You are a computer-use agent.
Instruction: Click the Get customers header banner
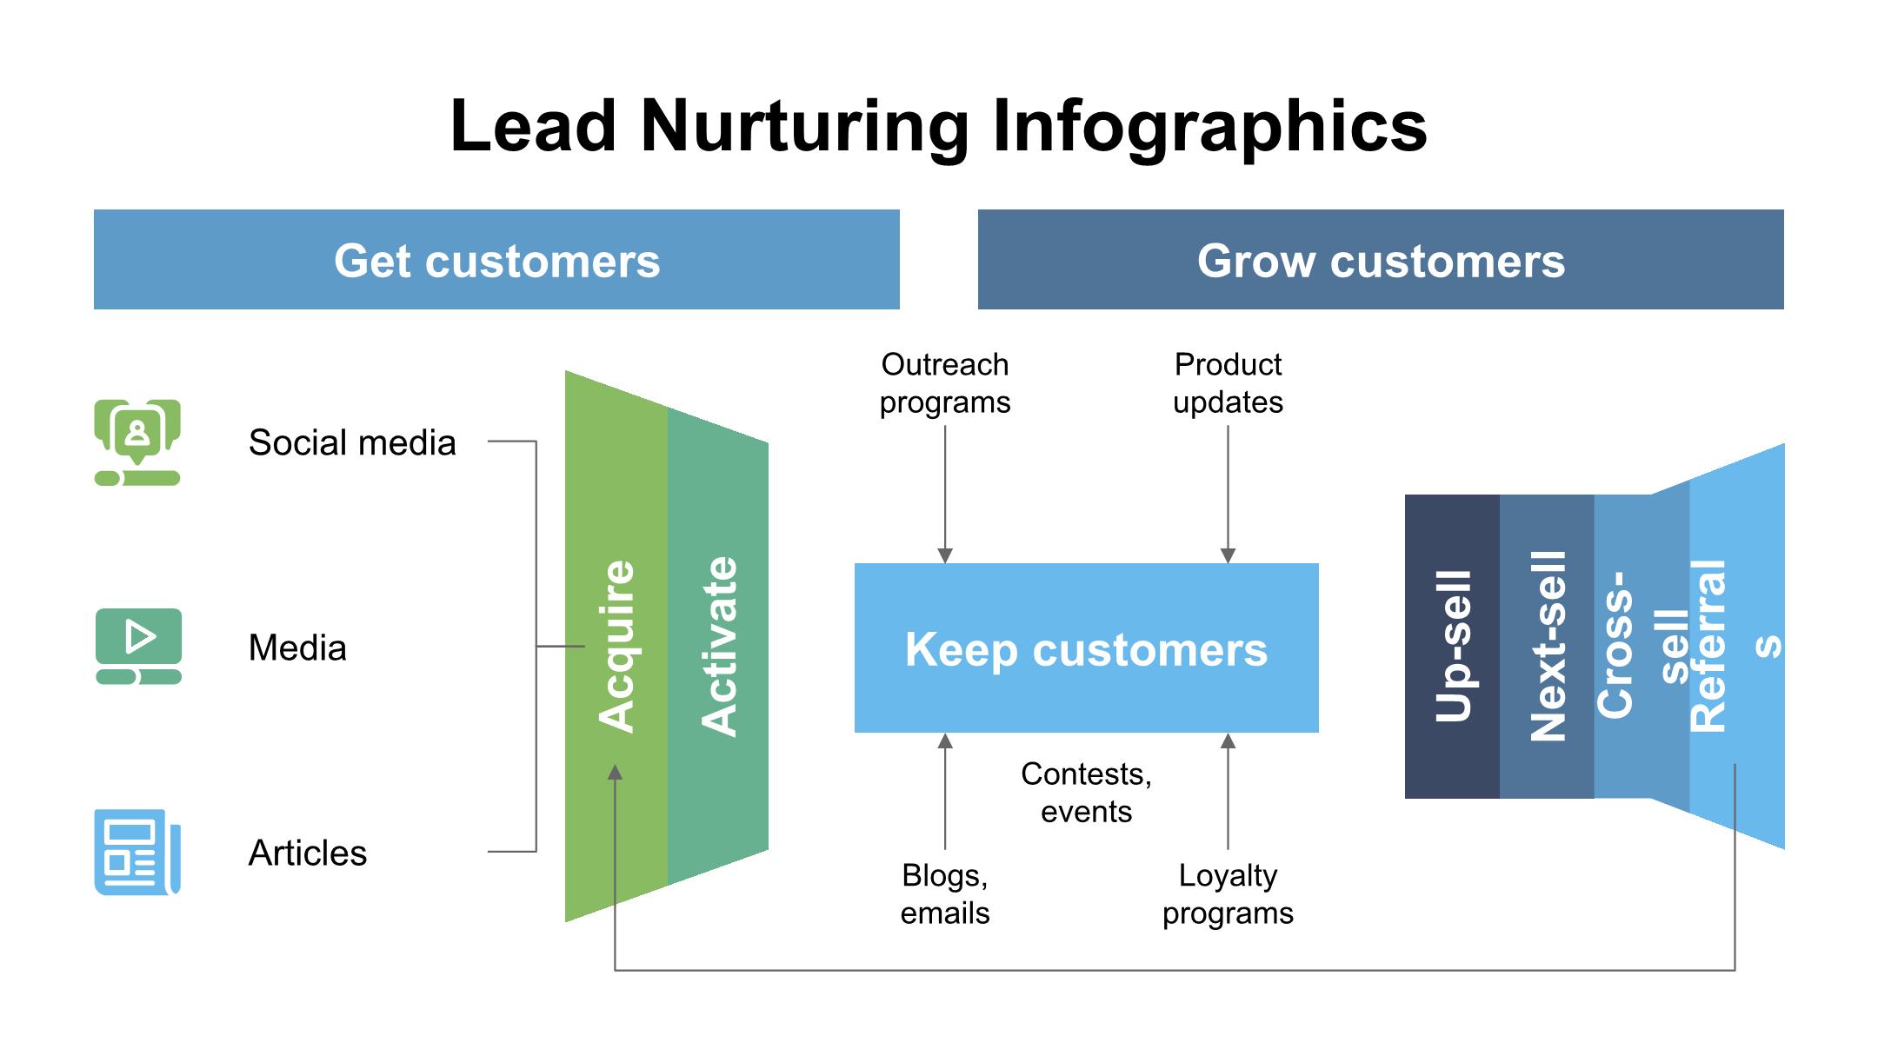(496, 260)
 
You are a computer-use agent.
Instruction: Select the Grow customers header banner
(1380, 260)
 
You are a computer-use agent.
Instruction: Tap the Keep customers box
(1086, 648)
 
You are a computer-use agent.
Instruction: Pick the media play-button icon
(139, 646)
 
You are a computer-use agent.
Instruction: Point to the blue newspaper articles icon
(137, 852)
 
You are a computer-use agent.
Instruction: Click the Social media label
(352, 442)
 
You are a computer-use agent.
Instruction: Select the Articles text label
(308, 853)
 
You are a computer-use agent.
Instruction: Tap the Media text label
(297, 648)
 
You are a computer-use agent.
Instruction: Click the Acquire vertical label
(616, 647)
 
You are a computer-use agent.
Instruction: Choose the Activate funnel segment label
(719, 647)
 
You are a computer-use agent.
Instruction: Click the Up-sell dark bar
(1452, 647)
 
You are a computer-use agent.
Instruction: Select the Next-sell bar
(1547, 647)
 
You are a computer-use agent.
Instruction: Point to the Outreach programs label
(945, 383)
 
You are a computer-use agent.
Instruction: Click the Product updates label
(1228, 383)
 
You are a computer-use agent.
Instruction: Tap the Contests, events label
(1086, 792)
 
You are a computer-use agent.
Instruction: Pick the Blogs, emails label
(945, 893)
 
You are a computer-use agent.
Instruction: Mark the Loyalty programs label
(1228, 893)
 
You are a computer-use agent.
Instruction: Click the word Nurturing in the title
(804, 126)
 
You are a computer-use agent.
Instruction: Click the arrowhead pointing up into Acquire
(615, 772)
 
